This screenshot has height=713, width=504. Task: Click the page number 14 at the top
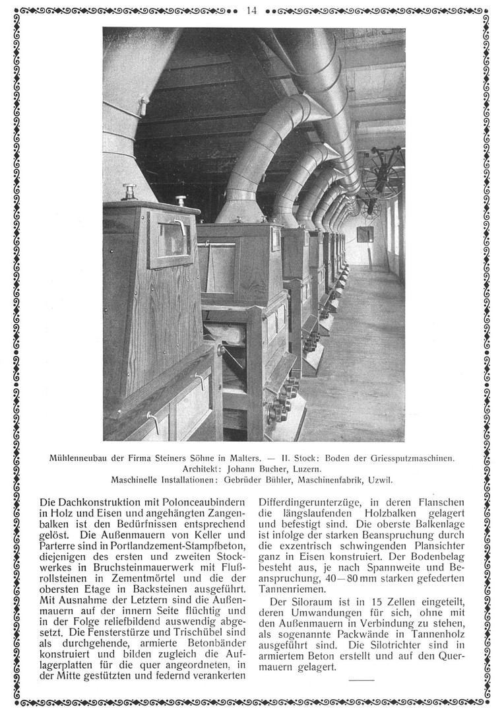[251, 10]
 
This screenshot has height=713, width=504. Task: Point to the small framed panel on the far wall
[364, 234]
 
